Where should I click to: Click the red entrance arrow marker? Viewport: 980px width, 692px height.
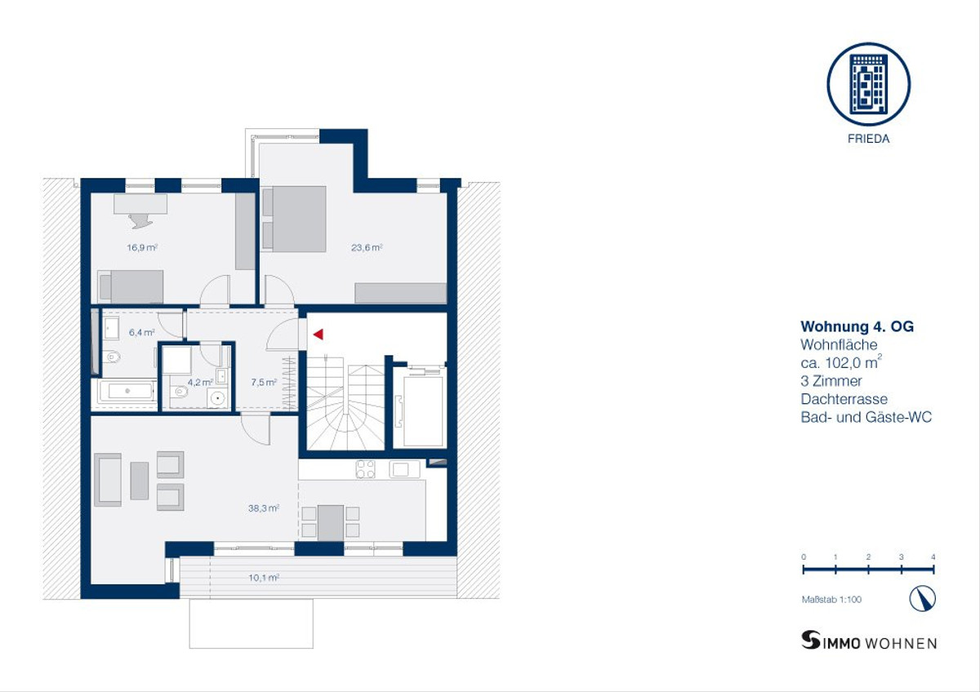tap(318, 335)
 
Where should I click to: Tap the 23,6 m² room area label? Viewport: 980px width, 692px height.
tap(367, 247)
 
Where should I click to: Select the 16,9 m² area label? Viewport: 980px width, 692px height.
tap(142, 247)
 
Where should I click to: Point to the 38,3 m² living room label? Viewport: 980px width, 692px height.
tap(263, 508)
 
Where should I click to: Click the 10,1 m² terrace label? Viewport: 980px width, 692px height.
tap(264, 578)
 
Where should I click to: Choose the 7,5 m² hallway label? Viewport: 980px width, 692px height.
tap(264, 382)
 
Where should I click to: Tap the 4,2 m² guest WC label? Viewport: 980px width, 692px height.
tap(200, 382)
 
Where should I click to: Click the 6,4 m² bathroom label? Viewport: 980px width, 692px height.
tap(142, 332)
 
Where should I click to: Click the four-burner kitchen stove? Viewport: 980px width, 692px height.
tap(365, 469)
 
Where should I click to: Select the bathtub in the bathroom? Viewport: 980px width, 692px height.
tap(127, 391)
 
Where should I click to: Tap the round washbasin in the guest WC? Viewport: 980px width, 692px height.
tap(217, 397)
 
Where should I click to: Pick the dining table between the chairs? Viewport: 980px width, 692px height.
tap(330, 523)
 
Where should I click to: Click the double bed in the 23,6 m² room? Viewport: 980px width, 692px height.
tap(295, 219)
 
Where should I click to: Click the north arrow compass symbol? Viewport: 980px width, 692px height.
tap(923, 598)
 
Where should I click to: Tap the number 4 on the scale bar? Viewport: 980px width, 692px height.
tap(933, 557)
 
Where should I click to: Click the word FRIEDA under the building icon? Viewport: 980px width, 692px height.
tap(868, 139)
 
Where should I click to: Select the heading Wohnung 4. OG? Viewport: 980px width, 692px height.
tap(857, 326)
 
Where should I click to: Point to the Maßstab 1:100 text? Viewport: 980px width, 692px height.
tap(831, 599)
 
